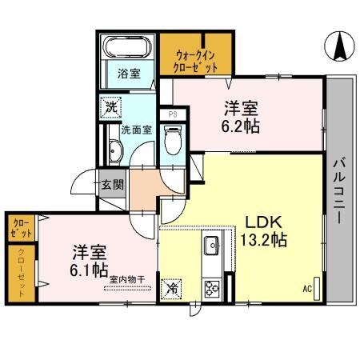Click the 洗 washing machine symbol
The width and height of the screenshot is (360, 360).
110,106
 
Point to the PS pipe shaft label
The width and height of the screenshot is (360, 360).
172,114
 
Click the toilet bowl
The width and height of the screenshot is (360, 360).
171,144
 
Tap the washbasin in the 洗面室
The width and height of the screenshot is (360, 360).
113,150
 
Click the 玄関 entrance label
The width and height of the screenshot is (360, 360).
113,186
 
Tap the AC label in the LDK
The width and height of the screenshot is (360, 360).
306,289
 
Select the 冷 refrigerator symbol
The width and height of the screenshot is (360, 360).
172,287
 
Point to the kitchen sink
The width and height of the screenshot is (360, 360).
213,246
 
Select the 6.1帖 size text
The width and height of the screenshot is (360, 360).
86,270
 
